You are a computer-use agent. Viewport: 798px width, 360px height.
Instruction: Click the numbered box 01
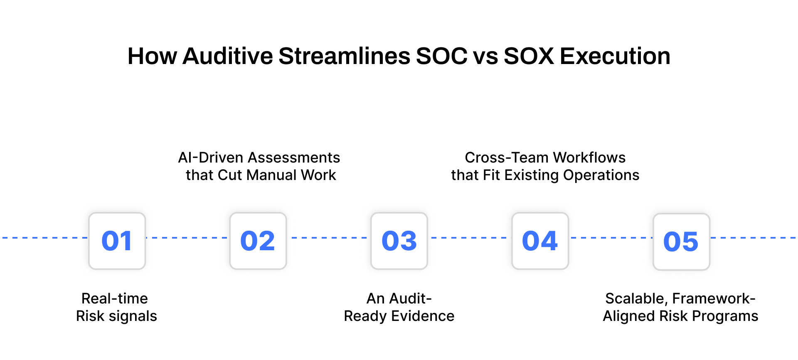click(117, 241)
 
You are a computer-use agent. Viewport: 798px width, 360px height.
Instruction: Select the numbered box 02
click(258, 241)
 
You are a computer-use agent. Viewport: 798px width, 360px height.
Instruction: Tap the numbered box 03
click(399, 241)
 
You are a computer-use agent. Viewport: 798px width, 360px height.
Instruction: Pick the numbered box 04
click(540, 241)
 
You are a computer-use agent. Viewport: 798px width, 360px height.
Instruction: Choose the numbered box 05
click(681, 242)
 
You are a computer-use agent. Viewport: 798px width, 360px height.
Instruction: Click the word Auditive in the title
click(227, 56)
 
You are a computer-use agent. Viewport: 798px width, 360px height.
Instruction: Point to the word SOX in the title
click(529, 56)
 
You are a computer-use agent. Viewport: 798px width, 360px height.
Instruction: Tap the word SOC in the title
click(441, 56)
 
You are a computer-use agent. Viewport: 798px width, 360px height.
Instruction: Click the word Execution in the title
click(615, 56)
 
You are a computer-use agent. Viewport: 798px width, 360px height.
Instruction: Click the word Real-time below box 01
click(115, 299)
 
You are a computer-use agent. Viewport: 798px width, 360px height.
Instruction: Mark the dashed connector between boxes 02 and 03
click(329, 238)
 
